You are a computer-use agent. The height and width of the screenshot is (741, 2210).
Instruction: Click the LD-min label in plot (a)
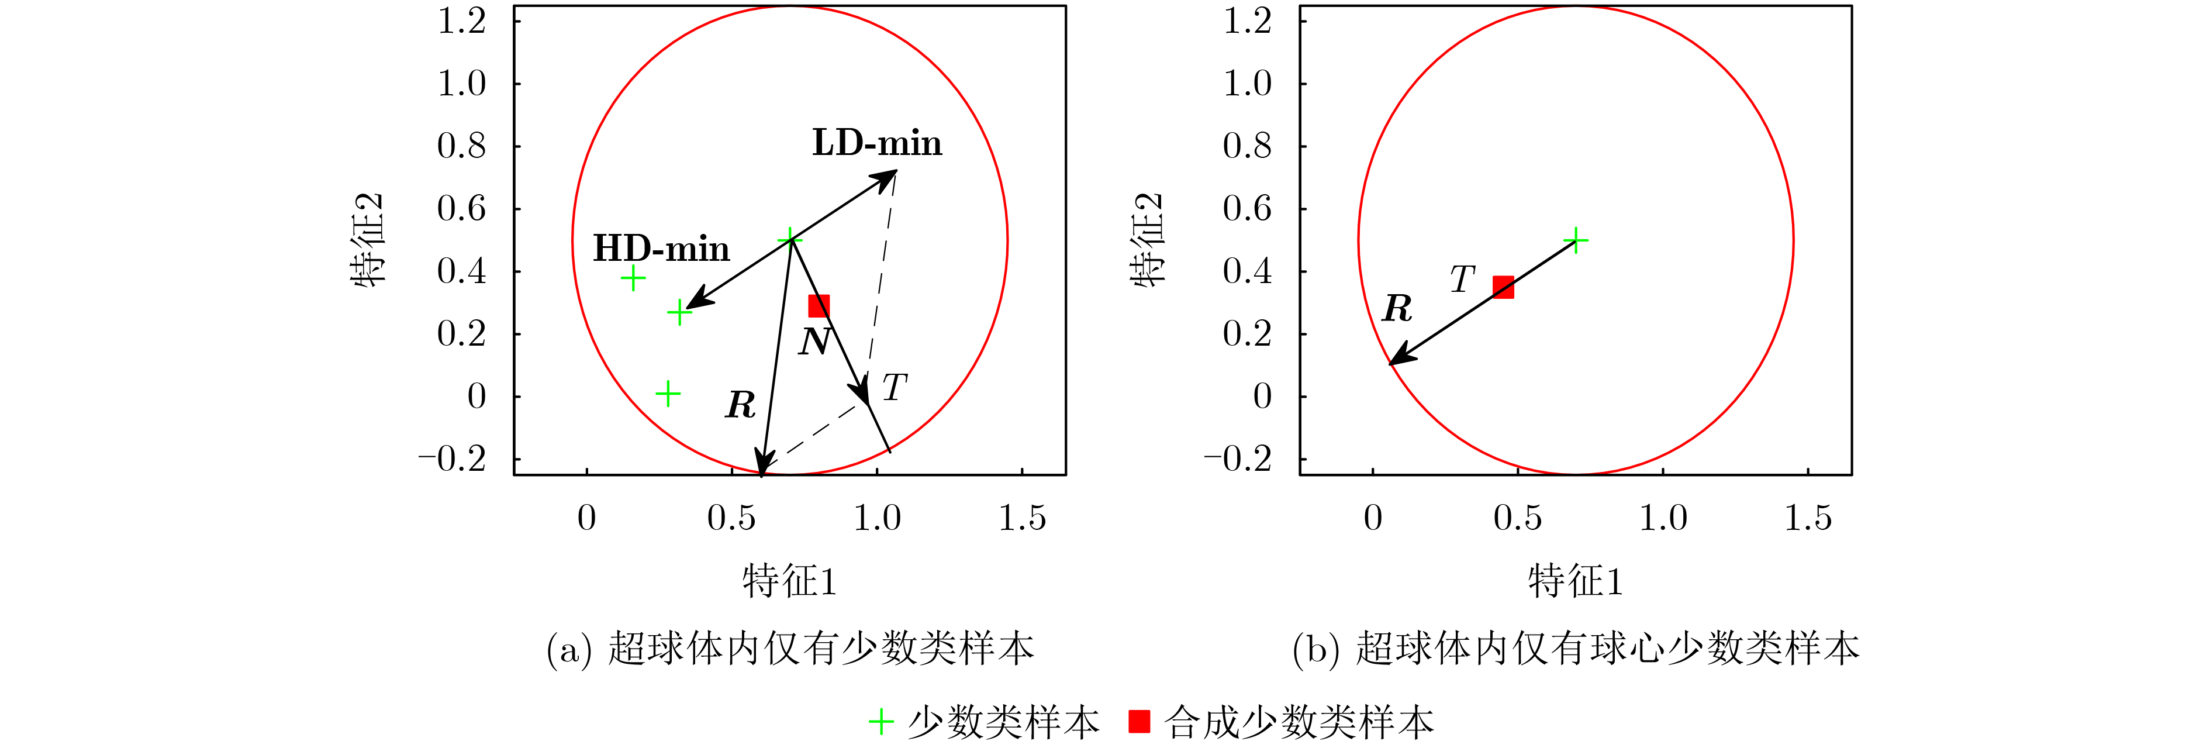click(x=877, y=143)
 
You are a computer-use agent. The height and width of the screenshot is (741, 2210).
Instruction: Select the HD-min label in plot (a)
click(x=661, y=249)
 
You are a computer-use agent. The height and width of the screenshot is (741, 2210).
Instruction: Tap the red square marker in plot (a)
click(x=819, y=306)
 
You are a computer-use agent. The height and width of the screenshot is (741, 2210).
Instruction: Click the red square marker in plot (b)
click(x=1503, y=287)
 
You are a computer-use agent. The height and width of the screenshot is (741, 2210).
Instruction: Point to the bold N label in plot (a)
click(x=814, y=342)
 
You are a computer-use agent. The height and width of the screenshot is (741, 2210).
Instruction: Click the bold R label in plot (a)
click(x=740, y=404)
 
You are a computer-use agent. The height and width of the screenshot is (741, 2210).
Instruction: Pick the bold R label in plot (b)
click(x=1397, y=308)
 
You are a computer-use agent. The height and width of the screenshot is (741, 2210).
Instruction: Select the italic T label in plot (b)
click(x=1462, y=279)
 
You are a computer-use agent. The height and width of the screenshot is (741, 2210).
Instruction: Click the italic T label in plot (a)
click(x=894, y=387)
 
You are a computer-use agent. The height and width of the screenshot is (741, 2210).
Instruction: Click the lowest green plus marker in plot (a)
click(x=668, y=394)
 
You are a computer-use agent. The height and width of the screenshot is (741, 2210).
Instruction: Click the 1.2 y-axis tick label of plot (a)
click(x=461, y=22)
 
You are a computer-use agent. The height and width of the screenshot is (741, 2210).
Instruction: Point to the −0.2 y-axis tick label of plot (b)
click(x=1237, y=459)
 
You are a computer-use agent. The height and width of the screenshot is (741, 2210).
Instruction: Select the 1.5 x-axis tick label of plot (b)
click(x=1808, y=518)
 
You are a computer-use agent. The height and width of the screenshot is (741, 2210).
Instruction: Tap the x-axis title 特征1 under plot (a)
click(x=789, y=581)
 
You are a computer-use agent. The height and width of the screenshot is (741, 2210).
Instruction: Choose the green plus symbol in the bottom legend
click(x=881, y=721)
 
